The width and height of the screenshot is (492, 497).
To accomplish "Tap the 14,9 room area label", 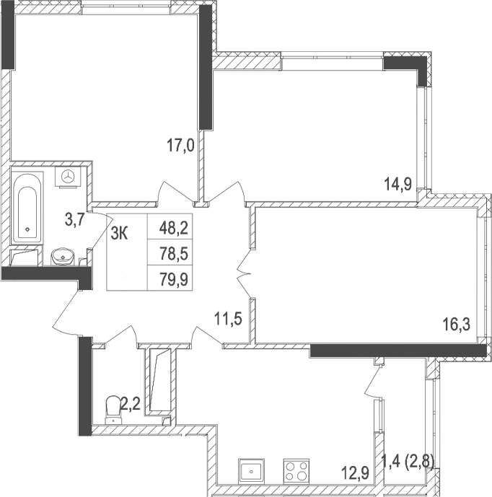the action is (x=397, y=184).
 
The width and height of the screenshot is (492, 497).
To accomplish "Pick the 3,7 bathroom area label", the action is (x=75, y=220).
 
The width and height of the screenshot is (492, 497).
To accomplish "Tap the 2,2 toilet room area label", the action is (x=130, y=404).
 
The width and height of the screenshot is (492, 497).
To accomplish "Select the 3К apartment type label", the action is (x=120, y=231).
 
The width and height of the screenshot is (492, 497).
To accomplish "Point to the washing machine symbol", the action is (x=70, y=175).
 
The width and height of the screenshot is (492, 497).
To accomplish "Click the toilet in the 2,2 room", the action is (x=113, y=408).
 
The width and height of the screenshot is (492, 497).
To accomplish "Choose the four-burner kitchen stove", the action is (x=296, y=470).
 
